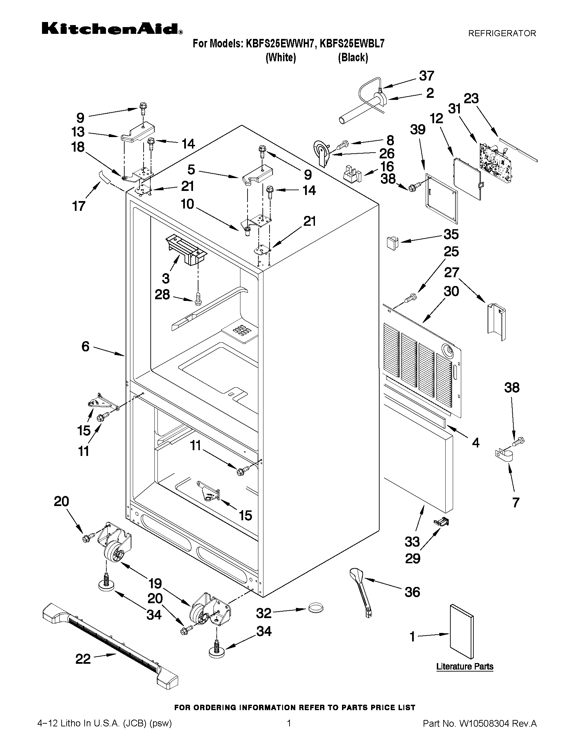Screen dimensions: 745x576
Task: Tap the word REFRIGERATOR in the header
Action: (x=502, y=34)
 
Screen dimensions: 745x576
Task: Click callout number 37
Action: (x=426, y=76)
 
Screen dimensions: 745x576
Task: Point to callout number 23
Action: (x=471, y=98)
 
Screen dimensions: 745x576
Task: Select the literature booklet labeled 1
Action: (x=461, y=631)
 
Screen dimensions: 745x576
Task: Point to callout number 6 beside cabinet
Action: (x=85, y=347)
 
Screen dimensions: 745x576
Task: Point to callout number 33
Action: (x=412, y=541)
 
